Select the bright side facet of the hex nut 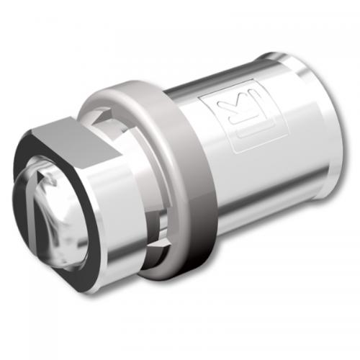point(115,216)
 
